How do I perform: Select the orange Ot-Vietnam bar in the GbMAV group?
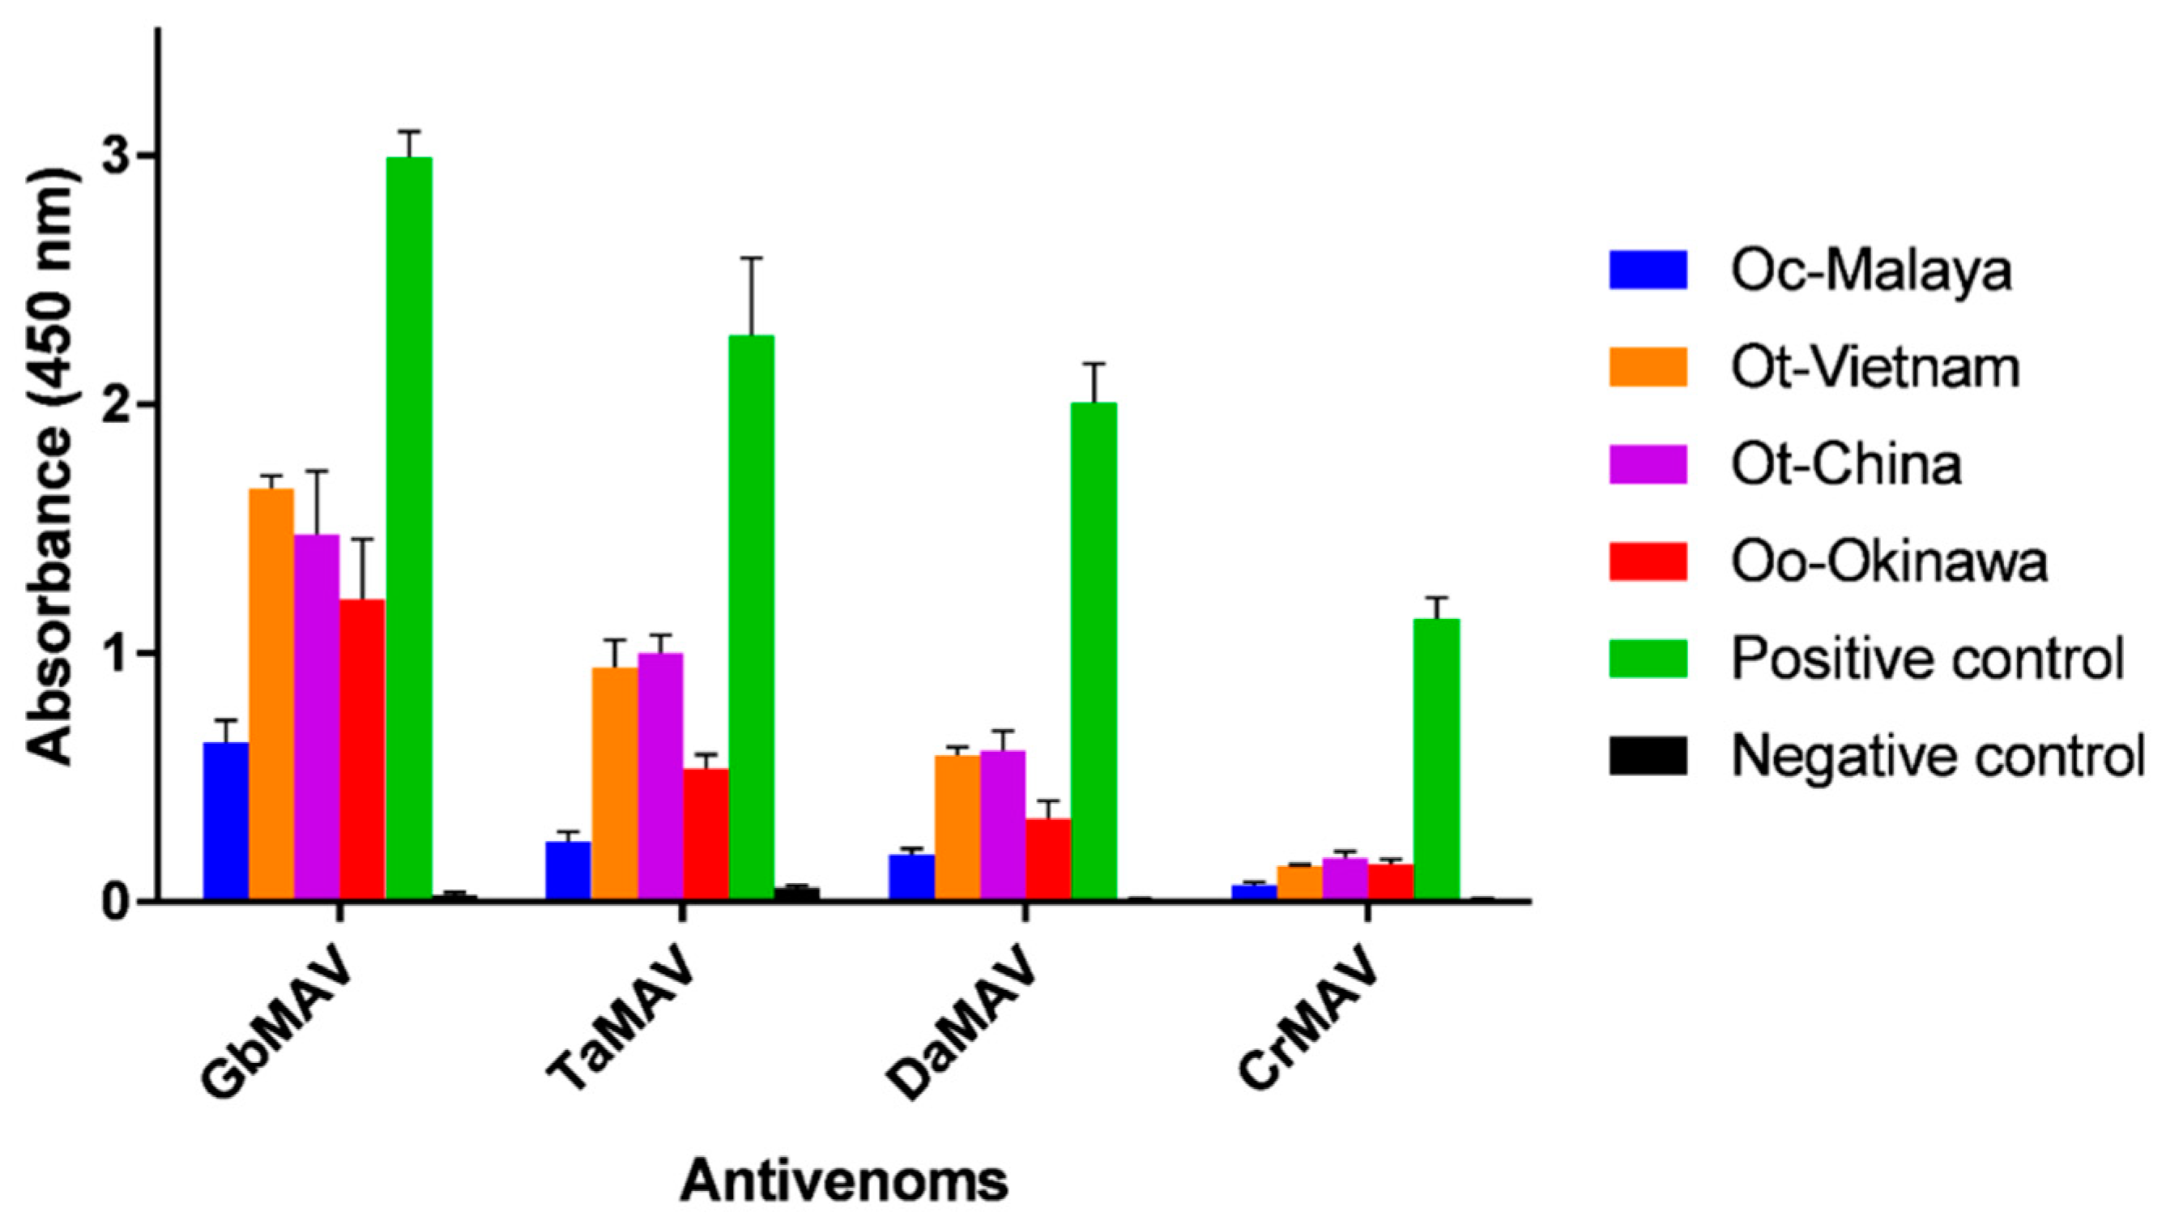pyautogui.click(x=271, y=694)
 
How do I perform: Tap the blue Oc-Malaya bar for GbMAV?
pyautogui.click(x=225, y=822)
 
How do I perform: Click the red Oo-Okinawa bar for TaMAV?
pyautogui.click(x=706, y=834)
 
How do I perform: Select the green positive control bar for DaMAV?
pyautogui.click(x=1094, y=651)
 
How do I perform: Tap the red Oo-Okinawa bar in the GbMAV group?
pyautogui.click(x=362, y=749)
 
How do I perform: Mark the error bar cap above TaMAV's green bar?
pyautogui.click(x=751, y=258)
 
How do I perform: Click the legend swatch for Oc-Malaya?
pyautogui.click(x=1648, y=270)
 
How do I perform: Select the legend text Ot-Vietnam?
pyautogui.click(x=1874, y=368)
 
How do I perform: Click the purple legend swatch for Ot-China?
pyautogui.click(x=1648, y=464)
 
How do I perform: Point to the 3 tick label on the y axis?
pyautogui.click(x=117, y=156)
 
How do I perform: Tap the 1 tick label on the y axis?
pyautogui.click(x=117, y=653)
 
